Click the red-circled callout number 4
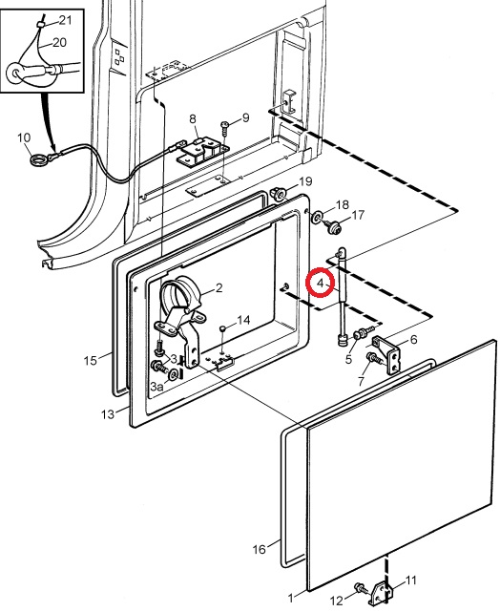coord(321,283)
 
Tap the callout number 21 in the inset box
coord(66,20)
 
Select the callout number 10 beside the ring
coord(24,137)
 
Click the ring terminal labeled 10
coord(38,159)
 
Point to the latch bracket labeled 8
coord(203,152)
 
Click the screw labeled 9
coord(225,128)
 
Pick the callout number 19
coord(305,181)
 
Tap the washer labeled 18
coord(316,216)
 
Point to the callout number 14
coord(243,320)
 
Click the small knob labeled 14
coord(222,328)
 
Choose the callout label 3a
coord(156,387)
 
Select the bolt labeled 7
coord(374,357)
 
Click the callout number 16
coord(259,549)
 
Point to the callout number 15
coord(90,360)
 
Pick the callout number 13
coord(108,413)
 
